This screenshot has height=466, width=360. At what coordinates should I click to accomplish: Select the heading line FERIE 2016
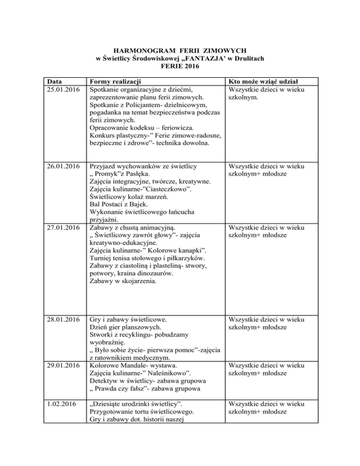[x=180, y=67]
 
